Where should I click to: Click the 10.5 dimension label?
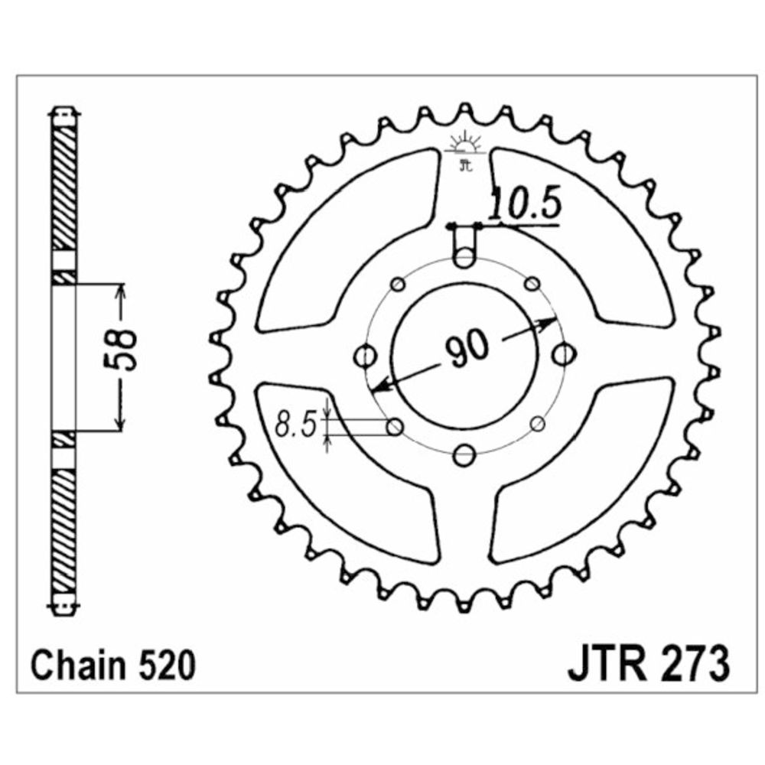pos(524,204)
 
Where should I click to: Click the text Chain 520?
pos(113,666)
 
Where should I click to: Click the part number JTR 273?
pos(649,665)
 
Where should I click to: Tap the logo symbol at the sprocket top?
pos(466,150)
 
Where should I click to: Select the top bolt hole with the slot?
pos(464,257)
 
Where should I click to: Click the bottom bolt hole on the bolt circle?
pos(464,456)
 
